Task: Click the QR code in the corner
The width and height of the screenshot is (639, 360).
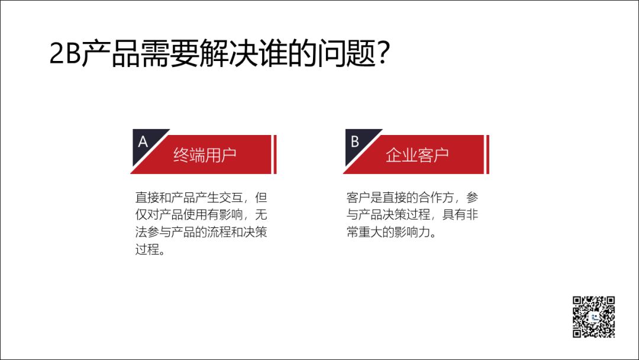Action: pos(594,317)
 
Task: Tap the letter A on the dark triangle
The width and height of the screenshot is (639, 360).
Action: pos(143,142)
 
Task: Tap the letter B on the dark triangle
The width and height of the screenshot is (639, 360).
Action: pos(354,142)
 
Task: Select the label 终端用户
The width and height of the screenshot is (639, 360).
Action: pos(205,155)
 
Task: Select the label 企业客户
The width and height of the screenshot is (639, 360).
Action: pos(417,155)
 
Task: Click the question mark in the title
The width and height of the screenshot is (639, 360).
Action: pos(383,52)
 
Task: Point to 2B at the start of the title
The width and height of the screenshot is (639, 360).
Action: pos(65,53)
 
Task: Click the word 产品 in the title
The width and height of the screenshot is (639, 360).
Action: pos(111,53)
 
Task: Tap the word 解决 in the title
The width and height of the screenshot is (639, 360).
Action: pos(228,53)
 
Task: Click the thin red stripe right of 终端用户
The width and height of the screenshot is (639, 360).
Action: pos(275,155)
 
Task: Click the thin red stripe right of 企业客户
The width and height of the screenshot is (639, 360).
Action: pos(488,155)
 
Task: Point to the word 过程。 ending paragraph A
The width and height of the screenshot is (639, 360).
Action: pos(150,249)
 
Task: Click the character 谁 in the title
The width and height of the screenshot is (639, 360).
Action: pos(273,53)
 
